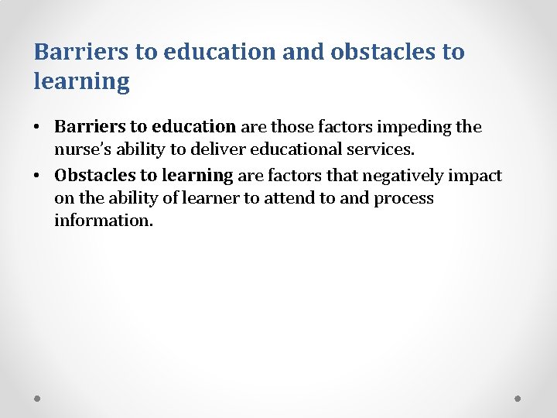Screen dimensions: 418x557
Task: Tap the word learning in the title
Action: click(81, 81)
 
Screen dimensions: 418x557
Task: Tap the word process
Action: click(403, 198)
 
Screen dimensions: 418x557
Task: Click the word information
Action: click(104, 221)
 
